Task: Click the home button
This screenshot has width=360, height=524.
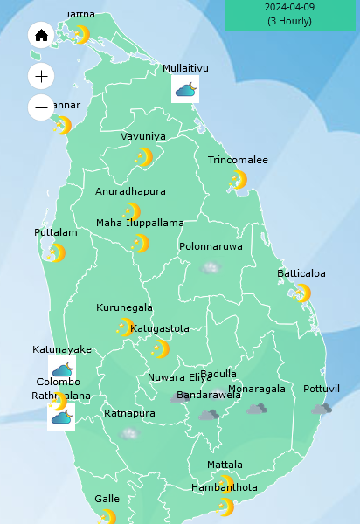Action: [x=41, y=35]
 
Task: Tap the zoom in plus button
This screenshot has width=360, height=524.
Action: [x=41, y=76]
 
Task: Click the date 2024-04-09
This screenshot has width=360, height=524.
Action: [x=289, y=7]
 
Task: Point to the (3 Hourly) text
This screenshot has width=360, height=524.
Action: [x=289, y=21]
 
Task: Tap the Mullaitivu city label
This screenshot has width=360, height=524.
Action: [x=185, y=68]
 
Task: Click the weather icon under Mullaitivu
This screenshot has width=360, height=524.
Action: [x=185, y=89]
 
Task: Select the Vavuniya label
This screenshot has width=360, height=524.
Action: [x=142, y=136]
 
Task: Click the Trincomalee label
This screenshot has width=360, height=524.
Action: [x=238, y=160]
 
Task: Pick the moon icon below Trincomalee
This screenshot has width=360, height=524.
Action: [x=238, y=180]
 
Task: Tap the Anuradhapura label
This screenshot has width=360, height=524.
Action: [x=130, y=191]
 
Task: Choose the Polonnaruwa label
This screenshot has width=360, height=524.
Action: [x=211, y=246]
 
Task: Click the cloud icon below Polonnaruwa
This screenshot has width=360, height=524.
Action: [x=211, y=267]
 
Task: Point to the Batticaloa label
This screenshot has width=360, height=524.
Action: [x=301, y=273]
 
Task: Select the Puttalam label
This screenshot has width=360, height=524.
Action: [x=56, y=232]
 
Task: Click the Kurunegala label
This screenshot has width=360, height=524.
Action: [x=124, y=307]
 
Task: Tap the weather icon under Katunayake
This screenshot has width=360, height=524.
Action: [x=62, y=369]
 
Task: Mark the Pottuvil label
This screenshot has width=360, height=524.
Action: [x=322, y=389]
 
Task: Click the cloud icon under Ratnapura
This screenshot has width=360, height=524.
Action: [x=130, y=433]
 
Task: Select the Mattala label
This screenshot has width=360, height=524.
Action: [x=225, y=465]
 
